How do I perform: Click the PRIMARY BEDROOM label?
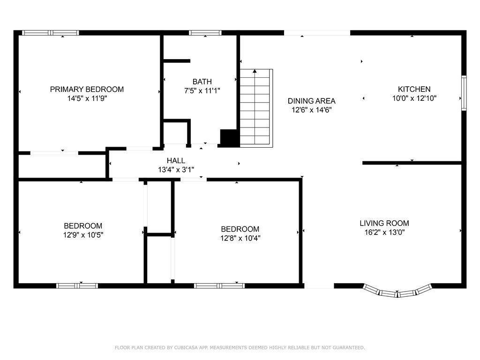pos(87,89)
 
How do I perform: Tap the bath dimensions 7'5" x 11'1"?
pos(202,90)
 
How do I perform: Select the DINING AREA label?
pos(311,101)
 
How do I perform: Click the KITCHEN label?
pos(414,89)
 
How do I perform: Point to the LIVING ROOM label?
pos(384,223)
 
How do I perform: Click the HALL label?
pos(176,161)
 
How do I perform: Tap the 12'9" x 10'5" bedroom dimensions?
pos(83,235)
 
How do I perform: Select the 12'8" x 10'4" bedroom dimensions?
pos(240,238)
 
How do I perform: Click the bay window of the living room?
pos(397,292)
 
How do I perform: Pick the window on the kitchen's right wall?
pos(464,93)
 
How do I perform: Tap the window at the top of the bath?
pos(205,33)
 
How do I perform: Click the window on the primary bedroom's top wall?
pos(51,33)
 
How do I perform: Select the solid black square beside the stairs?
pos(229,138)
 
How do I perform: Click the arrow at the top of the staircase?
pos(255,72)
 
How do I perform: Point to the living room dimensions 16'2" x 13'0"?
pos(384,232)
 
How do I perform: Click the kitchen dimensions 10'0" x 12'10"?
pos(417,98)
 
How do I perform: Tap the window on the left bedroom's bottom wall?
pos(77,285)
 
